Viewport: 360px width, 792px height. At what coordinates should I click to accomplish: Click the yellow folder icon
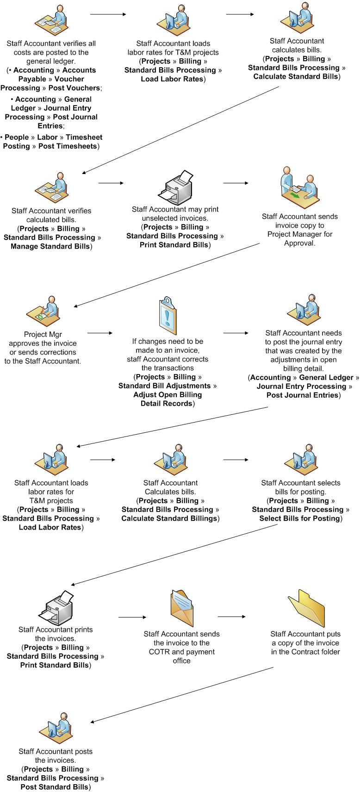pos(306,608)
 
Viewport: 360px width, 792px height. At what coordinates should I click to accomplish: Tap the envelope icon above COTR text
pos(181,608)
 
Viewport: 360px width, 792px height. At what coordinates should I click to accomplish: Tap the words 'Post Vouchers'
pos(74,88)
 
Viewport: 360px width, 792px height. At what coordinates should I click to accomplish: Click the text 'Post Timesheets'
pos(68,146)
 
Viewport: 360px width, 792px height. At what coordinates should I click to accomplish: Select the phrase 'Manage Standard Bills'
pos(51,246)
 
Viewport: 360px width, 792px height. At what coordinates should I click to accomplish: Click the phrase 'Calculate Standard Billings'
pos(169,518)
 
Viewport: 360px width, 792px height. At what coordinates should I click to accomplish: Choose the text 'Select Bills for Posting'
pos(299,518)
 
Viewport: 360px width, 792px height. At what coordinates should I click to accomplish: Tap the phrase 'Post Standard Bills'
pos(55,787)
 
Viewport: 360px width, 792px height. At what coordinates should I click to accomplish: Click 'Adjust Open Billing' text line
pos(168,395)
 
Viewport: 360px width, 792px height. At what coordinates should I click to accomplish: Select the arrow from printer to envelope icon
pos(132,617)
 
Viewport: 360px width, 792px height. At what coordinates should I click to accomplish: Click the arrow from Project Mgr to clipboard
pos(100,333)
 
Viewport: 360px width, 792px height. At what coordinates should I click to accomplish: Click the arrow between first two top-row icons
pos(108,14)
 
